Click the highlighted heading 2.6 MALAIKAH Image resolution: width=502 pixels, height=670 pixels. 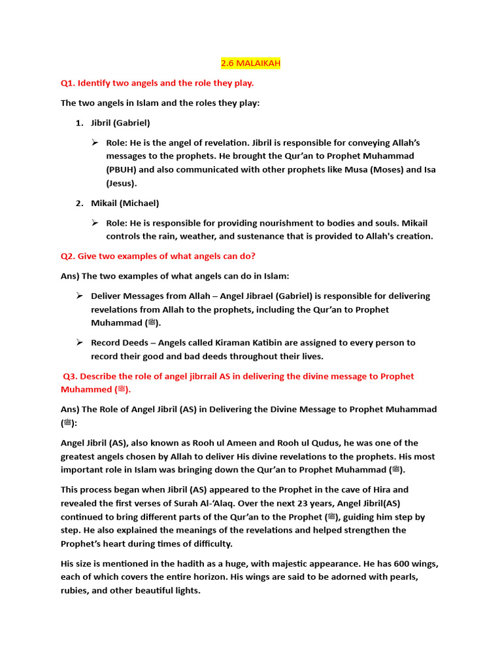click(250, 63)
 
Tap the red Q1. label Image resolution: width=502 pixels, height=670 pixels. click(69, 83)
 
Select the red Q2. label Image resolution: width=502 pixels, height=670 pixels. click(69, 256)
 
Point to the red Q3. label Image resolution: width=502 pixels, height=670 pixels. click(71, 376)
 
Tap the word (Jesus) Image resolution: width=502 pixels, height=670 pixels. click(122, 183)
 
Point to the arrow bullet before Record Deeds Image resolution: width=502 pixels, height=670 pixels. click(79, 342)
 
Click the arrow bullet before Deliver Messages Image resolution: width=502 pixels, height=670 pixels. click(79, 296)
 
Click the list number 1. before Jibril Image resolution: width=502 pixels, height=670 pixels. click(79, 123)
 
